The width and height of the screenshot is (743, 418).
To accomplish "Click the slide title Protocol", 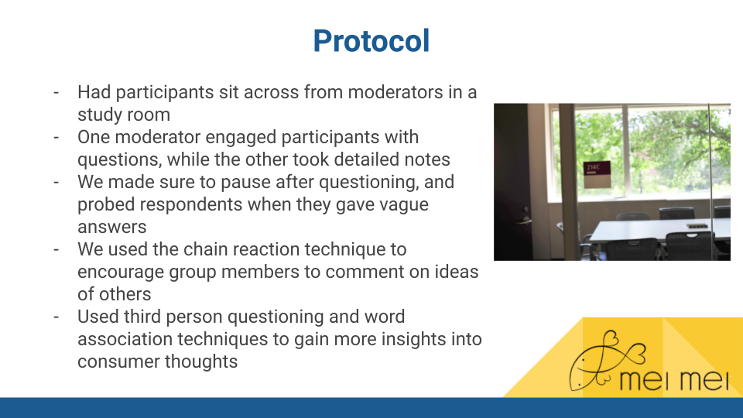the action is click(x=371, y=41).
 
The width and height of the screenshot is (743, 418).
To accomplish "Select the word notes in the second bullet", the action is click(x=427, y=159).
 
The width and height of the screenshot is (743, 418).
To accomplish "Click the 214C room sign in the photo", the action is click(x=597, y=174).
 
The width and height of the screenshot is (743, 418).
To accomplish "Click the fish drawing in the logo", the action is click(x=607, y=360).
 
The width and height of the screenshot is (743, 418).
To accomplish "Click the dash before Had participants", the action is click(x=56, y=92).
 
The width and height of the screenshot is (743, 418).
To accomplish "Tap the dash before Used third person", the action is click(x=56, y=317).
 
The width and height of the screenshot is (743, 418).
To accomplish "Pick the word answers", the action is click(x=111, y=228).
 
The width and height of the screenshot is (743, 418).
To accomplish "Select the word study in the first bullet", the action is click(x=98, y=115).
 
